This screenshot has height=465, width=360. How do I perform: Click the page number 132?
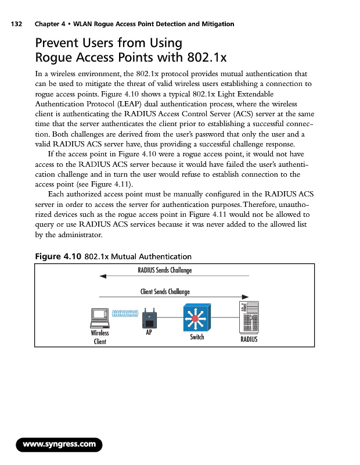click(x=13, y=24)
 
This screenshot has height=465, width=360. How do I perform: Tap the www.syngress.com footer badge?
click(x=59, y=445)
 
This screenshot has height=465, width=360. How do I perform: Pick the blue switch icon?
click(x=196, y=319)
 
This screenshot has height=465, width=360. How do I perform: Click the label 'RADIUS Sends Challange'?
click(x=164, y=270)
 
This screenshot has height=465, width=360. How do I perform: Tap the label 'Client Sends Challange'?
click(x=165, y=291)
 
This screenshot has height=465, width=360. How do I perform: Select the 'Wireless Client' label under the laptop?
click(x=100, y=337)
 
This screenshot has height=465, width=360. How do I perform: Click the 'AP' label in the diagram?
click(x=149, y=334)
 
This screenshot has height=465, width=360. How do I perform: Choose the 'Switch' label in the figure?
click(x=197, y=337)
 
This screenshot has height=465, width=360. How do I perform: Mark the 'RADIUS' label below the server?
click(x=249, y=339)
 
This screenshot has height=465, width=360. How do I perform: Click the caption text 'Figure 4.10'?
click(x=59, y=256)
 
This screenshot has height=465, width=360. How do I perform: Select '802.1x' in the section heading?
click(x=205, y=58)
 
